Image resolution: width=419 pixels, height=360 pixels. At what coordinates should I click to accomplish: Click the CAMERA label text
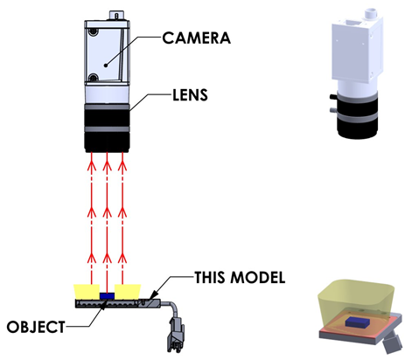(x=196, y=38)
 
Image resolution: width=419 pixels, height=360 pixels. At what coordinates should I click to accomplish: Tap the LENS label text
(x=190, y=95)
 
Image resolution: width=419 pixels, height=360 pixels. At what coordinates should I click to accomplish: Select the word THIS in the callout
(x=210, y=277)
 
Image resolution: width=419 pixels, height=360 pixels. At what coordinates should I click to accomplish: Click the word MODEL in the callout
(x=258, y=277)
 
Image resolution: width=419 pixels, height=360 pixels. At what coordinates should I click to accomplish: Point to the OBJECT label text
(x=36, y=327)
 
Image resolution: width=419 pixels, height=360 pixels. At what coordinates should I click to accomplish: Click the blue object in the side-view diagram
(x=107, y=296)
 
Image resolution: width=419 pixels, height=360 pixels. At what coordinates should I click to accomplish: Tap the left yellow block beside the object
(x=87, y=292)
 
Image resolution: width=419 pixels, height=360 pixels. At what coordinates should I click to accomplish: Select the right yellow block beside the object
(x=128, y=292)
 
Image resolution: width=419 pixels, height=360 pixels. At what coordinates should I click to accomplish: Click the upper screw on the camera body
(x=93, y=31)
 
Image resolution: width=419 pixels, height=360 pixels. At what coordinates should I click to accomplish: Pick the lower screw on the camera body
(x=93, y=78)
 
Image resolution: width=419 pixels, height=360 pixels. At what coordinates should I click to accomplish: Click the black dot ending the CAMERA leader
(x=106, y=66)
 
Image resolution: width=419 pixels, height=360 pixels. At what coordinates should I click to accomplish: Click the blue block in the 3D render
(x=358, y=322)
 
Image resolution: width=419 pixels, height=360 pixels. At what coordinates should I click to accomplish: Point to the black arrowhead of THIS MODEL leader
(x=154, y=294)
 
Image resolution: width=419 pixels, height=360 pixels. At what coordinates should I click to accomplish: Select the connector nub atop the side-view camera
(x=116, y=16)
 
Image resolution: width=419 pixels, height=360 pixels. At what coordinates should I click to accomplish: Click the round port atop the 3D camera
(x=370, y=12)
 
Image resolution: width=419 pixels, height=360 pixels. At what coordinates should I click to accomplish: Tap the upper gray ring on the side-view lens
(x=107, y=107)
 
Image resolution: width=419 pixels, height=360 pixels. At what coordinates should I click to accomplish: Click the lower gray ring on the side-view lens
(x=107, y=129)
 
